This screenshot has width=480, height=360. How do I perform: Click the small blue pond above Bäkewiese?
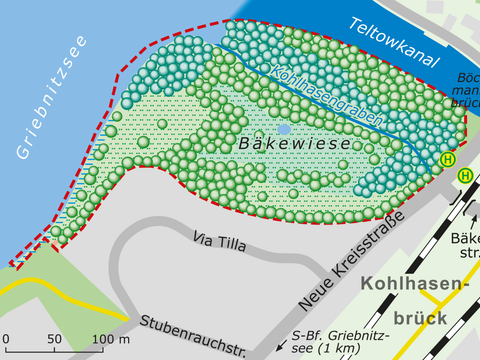(x=284, y=129)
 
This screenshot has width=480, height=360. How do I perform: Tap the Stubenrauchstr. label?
(x=193, y=335)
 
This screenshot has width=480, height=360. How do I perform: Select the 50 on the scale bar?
(x=54, y=340)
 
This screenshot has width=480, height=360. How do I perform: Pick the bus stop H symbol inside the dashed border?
(x=447, y=159)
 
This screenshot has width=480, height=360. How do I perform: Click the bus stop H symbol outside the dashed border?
(x=465, y=175)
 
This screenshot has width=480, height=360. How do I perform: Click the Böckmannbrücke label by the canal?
(x=466, y=88)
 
